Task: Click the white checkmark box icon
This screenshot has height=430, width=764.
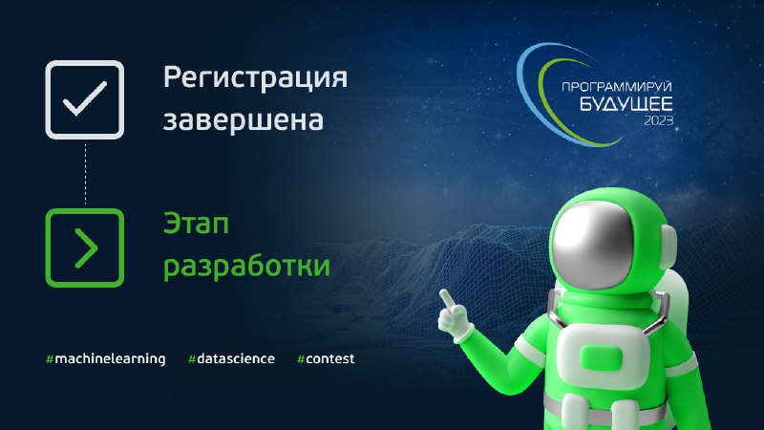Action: (x=85, y=99)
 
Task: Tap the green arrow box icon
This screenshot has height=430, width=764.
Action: (x=85, y=247)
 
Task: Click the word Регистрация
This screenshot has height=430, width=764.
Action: (x=255, y=78)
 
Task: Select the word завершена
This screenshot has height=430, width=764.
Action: (x=244, y=120)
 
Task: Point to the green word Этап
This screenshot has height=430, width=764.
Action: (x=196, y=224)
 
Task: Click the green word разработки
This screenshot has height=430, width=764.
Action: (x=246, y=267)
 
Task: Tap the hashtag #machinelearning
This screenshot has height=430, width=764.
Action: (x=106, y=359)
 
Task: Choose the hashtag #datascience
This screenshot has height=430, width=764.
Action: (x=231, y=359)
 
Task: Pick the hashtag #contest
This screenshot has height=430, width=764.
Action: (x=326, y=359)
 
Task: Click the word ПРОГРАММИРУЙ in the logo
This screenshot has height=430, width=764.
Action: (x=617, y=87)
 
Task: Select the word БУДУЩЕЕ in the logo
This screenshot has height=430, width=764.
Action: (x=626, y=104)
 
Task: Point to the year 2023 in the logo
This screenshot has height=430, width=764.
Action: (x=659, y=120)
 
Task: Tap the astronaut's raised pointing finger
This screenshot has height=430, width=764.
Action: (x=447, y=298)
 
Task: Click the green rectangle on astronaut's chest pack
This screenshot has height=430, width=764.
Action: (x=602, y=358)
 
